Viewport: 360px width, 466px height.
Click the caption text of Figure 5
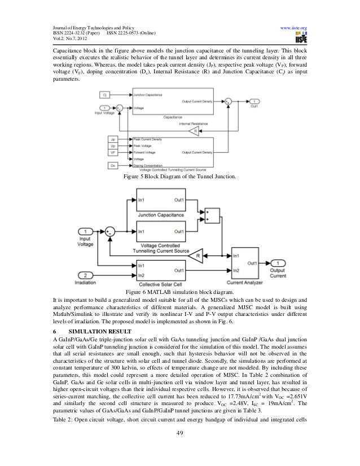[x=179, y=180]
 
